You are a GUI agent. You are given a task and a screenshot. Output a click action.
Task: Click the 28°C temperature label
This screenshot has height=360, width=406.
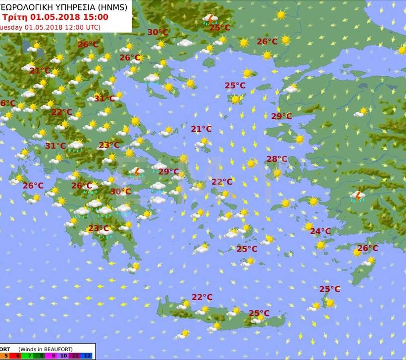[x=277, y=159]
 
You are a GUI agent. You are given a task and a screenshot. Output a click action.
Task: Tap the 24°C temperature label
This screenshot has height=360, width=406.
[x=320, y=231]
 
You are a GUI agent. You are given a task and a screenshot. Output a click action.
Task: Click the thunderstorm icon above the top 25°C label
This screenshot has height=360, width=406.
[x=210, y=19]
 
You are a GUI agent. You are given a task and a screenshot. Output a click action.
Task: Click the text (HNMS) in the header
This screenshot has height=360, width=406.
[x=111, y=7]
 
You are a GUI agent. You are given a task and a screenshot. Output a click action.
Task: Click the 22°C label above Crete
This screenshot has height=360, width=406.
[x=202, y=297]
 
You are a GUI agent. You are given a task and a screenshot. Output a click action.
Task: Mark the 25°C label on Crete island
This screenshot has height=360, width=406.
[x=258, y=313]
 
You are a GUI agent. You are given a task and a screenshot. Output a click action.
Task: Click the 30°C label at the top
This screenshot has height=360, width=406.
[x=157, y=33]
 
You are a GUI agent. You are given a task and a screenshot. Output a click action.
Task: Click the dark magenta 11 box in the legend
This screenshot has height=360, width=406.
[x=75, y=356]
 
